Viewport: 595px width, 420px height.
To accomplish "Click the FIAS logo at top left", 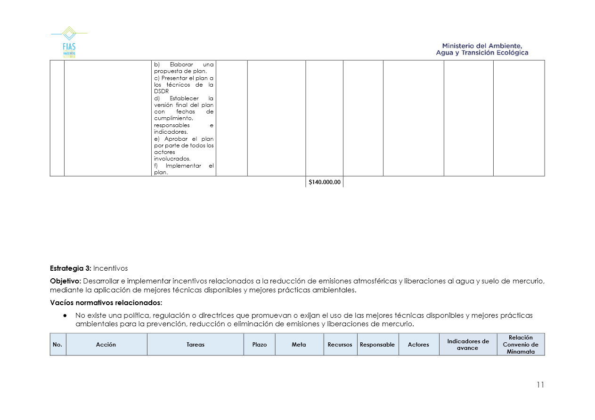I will (x=69, y=42).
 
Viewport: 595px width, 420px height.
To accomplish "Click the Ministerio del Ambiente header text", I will (x=482, y=49).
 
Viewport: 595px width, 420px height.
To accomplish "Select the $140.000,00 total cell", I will (x=324, y=182).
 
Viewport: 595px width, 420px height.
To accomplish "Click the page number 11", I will (x=540, y=385).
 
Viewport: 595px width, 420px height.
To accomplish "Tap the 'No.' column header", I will (x=57, y=345).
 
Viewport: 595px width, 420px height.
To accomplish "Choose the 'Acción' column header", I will (x=106, y=345).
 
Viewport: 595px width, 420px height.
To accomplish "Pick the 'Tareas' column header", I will (x=196, y=345).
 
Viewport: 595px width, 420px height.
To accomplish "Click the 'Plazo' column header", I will (x=259, y=345).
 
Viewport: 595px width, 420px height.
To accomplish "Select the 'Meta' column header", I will (x=299, y=345).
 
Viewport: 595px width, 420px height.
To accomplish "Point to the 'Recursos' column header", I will (x=340, y=345).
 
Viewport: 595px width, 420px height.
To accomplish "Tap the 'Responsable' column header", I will (x=377, y=345).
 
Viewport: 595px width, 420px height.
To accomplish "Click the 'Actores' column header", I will (x=418, y=345).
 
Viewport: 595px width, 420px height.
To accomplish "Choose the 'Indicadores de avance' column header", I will (x=468, y=345).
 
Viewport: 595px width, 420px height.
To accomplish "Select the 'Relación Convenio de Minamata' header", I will (x=521, y=345).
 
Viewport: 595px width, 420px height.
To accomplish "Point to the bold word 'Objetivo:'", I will (x=65, y=281).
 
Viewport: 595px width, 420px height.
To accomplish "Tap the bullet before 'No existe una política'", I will (x=64, y=315).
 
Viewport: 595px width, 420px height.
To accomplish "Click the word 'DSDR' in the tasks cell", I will (x=161, y=91).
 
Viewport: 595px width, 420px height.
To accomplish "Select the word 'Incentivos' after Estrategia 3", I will (x=110, y=268).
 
